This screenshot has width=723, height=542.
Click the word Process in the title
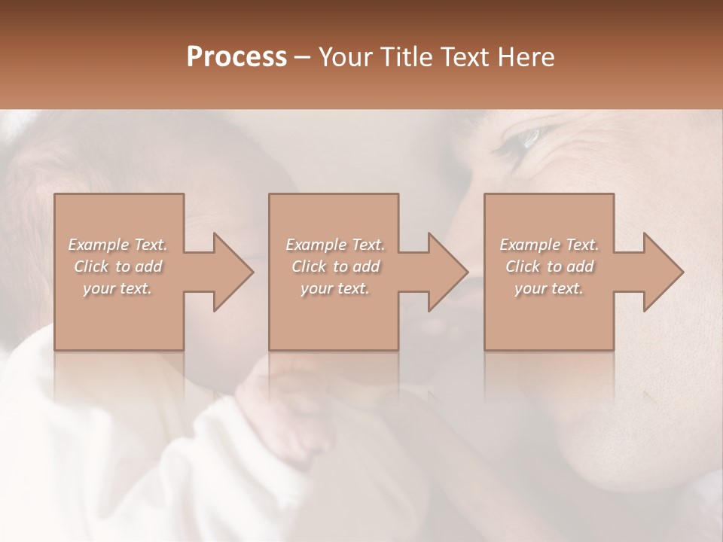tap(236, 57)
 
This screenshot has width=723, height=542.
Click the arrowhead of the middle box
tap(447, 272)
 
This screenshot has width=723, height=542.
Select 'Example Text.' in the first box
tap(117, 245)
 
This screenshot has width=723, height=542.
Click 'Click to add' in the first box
tap(118, 266)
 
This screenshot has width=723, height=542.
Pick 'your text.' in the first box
tap(117, 288)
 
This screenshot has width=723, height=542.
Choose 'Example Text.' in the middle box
tap(334, 245)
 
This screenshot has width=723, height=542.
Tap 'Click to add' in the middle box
tap(335, 266)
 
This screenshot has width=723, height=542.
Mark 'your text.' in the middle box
tap(334, 288)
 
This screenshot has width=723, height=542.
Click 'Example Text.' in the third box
tap(549, 245)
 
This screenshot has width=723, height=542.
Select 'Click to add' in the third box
tap(550, 266)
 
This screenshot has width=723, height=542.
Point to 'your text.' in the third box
tap(549, 288)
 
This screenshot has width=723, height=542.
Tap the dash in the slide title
tap(303, 57)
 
